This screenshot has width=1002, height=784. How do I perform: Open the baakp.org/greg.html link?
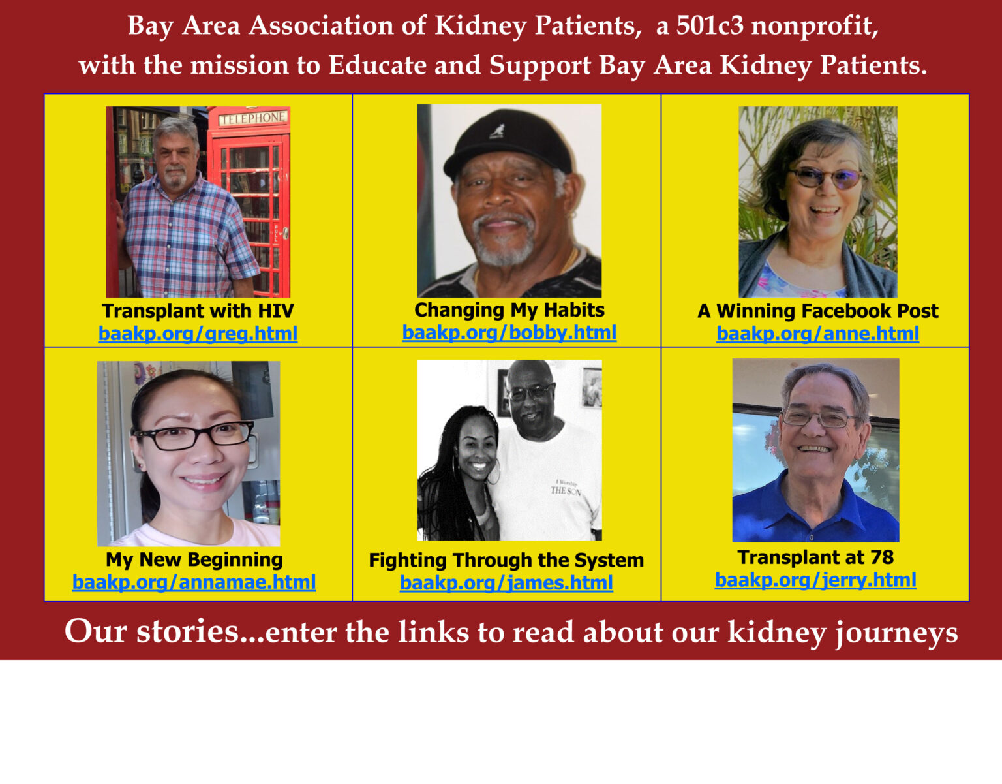point(198,334)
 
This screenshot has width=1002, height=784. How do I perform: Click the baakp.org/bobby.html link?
point(509,332)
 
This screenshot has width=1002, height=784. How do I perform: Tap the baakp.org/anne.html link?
point(817,334)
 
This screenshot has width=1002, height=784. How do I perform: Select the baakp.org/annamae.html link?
point(194,582)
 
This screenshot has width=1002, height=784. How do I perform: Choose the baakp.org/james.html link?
point(506,582)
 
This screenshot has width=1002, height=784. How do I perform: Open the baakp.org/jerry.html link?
point(815,580)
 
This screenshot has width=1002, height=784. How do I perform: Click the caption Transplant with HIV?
point(198,311)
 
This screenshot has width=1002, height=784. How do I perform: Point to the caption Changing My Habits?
point(509,309)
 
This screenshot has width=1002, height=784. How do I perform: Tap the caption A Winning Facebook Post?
point(817,311)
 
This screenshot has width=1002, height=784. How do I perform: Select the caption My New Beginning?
point(194,559)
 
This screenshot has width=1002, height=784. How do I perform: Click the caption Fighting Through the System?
point(506,560)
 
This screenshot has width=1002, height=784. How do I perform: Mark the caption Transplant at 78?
point(815,557)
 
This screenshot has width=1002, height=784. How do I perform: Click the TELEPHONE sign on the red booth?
point(252,118)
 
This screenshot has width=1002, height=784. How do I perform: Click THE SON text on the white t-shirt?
point(564,490)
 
